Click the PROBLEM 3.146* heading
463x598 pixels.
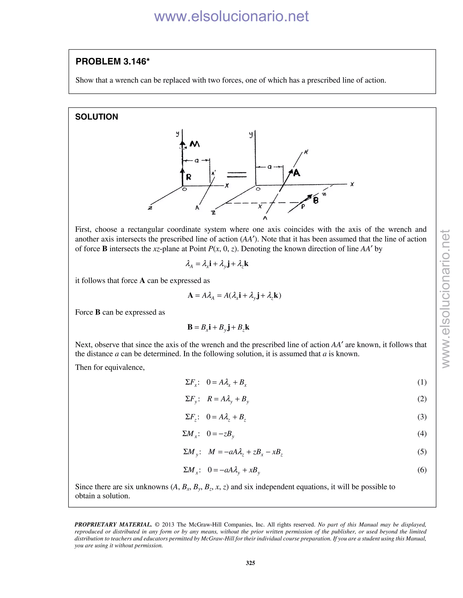click(x=112, y=62)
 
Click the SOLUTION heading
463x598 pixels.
click(x=97, y=117)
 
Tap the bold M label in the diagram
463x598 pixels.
click(x=194, y=144)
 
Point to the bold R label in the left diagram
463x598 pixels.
click(x=189, y=177)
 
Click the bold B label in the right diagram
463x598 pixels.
click(x=316, y=200)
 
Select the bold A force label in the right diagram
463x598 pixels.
click(x=297, y=173)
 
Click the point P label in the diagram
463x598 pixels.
click(x=303, y=207)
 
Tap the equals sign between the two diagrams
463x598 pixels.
click(x=237, y=174)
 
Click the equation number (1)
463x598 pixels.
click(x=422, y=382)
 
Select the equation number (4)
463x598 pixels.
click(x=422, y=433)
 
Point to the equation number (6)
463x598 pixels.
click(x=422, y=470)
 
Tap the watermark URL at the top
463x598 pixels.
click(x=231, y=16)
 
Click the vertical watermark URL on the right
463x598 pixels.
click(x=446, y=299)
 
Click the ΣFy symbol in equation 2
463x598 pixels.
click(x=191, y=399)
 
